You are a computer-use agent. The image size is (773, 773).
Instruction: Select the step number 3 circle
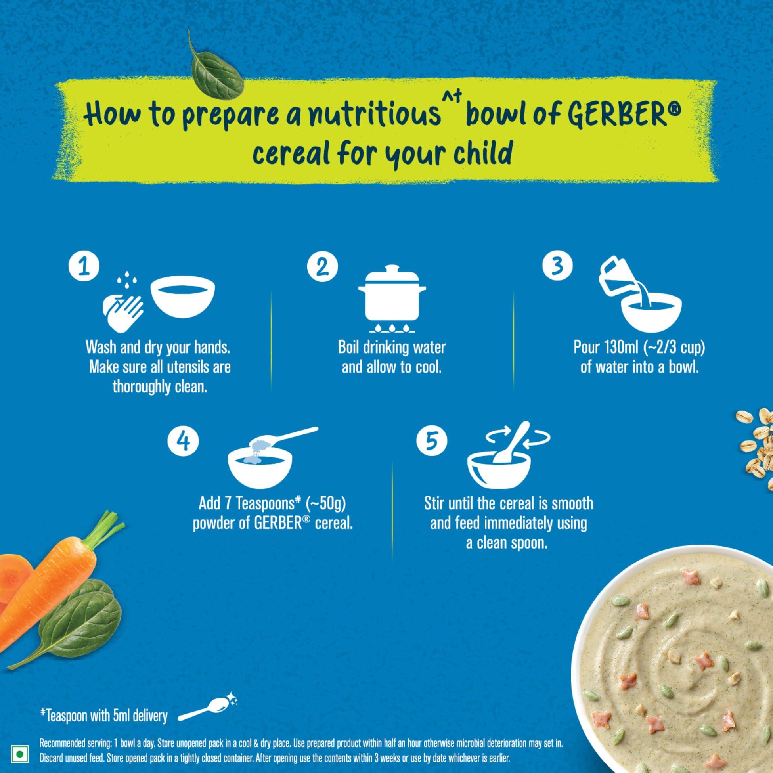[557, 266]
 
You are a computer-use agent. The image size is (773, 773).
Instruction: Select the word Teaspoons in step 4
[262, 503]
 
